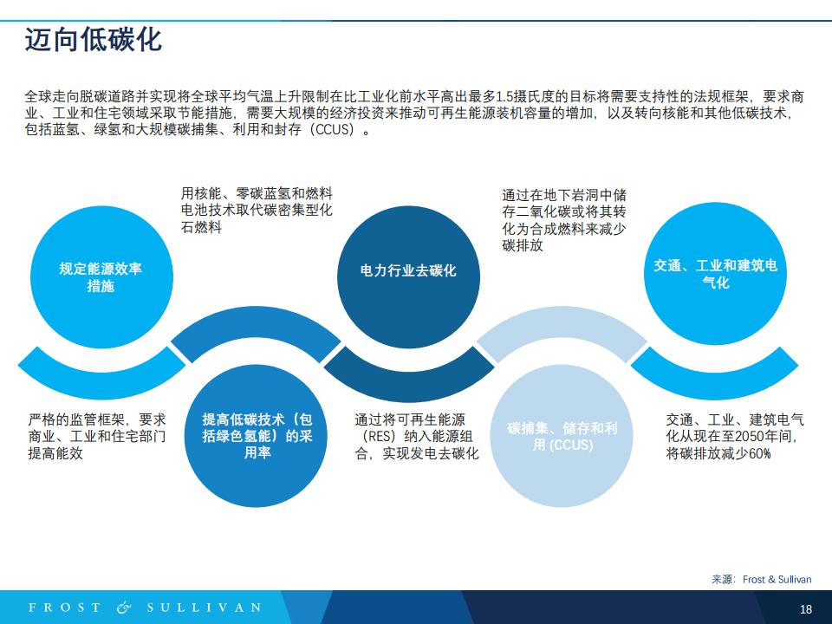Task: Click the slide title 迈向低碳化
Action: (x=94, y=40)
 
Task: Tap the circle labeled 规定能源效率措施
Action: (x=101, y=277)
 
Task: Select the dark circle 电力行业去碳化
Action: (x=408, y=277)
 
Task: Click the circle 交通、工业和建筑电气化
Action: (x=715, y=274)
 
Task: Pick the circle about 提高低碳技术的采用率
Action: (x=257, y=436)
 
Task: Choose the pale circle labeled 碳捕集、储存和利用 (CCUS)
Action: (x=562, y=436)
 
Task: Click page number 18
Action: (x=805, y=608)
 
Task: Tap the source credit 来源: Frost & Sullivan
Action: (x=762, y=579)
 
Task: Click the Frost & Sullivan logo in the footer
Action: (x=146, y=607)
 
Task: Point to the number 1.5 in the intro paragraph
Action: (x=504, y=96)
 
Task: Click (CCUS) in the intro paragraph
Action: (x=332, y=129)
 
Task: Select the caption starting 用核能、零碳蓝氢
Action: (x=257, y=210)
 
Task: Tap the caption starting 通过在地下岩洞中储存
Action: (x=564, y=220)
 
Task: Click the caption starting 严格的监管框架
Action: (x=97, y=436)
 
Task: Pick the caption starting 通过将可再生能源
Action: (x=417, y=436)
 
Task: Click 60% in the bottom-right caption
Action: (x=759, y=453)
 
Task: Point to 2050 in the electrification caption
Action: (x=749, y=436)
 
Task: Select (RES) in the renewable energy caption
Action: (x=380, y=436)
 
